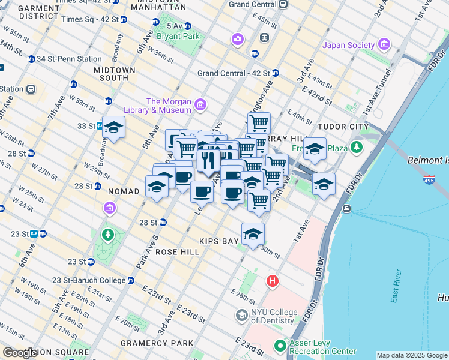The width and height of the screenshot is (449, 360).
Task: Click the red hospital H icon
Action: pyautogui.click(x=273, y=281)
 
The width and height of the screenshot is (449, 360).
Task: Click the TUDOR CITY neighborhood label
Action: pyautogui.click(x=341, y=127)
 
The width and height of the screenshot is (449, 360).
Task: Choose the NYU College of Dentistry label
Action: pyautogui.click(x=274, y=316)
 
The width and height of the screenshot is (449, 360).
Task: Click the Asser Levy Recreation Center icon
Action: pyautogui.click(x=280, y=346)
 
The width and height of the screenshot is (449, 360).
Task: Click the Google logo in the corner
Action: pyautogui.click(x=20, y=352)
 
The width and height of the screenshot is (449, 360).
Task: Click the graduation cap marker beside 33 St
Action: pyautogui.click(x=113, y=128)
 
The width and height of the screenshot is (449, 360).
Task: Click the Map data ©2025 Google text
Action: pyautogui.click(x=411, y=355)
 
